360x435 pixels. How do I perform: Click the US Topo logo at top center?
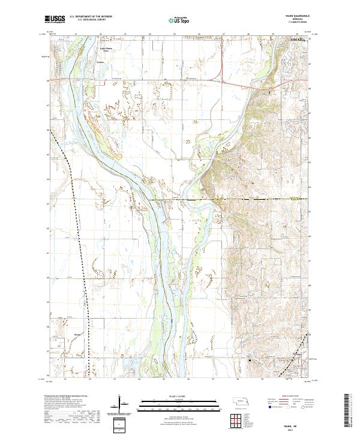179,20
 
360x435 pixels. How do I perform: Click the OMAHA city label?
298,40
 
